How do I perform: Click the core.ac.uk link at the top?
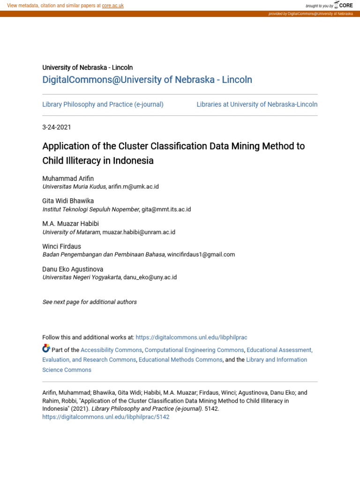(x=112, y=6)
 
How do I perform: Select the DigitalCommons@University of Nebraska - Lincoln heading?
(x=147, y=80)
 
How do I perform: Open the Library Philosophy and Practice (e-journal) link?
(x=103, y=105)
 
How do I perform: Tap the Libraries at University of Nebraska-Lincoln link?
(x=257, y=105)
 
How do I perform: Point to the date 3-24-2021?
(x=57, y=127)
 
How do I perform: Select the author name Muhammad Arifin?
(x=68, y=178)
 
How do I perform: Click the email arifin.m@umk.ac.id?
(x=134, y=187)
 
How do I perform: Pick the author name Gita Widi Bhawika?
(x=68, y=201)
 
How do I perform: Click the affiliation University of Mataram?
(x=71, y=232)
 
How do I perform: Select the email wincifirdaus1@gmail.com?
(x=201, y=255)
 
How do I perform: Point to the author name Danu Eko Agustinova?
(x=73, y=269)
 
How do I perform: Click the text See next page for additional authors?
(x=90, y=302)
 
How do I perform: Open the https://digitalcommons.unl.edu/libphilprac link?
(x=191, y=337)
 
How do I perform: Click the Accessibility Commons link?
(x=111, y=350)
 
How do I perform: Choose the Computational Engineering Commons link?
(x=194, y=350)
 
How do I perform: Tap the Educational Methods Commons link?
(x=180, y=360)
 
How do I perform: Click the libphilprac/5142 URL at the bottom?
(x=105, y=417)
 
